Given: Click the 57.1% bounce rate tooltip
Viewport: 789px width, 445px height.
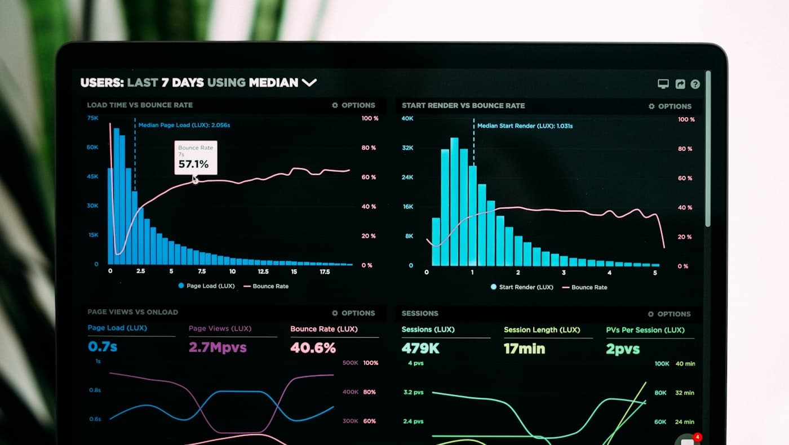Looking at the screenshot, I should pyautogui.click(x=196, y=158).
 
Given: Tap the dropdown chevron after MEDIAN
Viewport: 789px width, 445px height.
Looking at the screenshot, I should pyautogui.click(x=309, y=83).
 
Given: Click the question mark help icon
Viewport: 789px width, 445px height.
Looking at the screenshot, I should pyautogui.click(x=695, y=84).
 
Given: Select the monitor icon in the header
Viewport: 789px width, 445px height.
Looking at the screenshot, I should pyautogui.click(x=663, y=84).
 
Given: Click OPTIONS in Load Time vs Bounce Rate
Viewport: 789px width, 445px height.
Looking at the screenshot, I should pyautogui.click(x=353, y=105).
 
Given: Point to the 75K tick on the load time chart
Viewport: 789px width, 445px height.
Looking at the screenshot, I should pyautogui.click(x=92, y=118).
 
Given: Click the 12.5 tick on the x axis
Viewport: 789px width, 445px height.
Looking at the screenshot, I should pyautogui.click(x=263, y=272).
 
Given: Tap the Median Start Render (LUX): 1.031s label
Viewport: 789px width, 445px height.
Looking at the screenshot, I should pyautogui.click(x=525, y=126).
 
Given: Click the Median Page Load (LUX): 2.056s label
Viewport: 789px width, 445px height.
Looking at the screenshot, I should pyautogui.click(x=184, y=125).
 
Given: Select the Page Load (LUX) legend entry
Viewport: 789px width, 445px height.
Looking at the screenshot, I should pyautogui.click(x=206, y=286).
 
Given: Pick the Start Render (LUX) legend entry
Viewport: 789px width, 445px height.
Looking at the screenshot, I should pyautogui.click(x=521, y=287).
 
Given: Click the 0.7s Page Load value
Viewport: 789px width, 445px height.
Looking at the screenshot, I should pyautogui.click(x=103, y=346).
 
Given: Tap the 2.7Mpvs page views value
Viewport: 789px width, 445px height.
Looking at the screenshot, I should pyautogui.click(x=218, y=347).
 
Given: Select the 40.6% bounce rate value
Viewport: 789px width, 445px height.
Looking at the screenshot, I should pyautogui.click(x=313, y=348).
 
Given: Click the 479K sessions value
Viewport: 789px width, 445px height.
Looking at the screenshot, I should pyautogui.click(x=420, y=349).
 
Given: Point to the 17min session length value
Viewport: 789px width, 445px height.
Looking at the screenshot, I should pyautogui.click(x=524, y=349).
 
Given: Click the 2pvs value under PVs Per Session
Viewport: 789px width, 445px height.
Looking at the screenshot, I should pyautogui.click(x=623, y=350).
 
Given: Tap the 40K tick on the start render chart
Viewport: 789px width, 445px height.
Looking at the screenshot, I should pyautogui.click(x=407, y=118).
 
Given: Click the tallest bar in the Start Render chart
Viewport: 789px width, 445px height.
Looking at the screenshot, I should pyautogui.click(x=454, y=203).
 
